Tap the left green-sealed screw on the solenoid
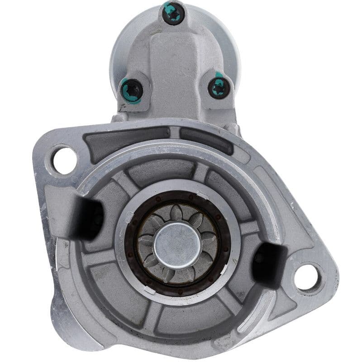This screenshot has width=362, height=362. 132,89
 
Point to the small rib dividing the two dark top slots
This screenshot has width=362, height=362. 176,133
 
